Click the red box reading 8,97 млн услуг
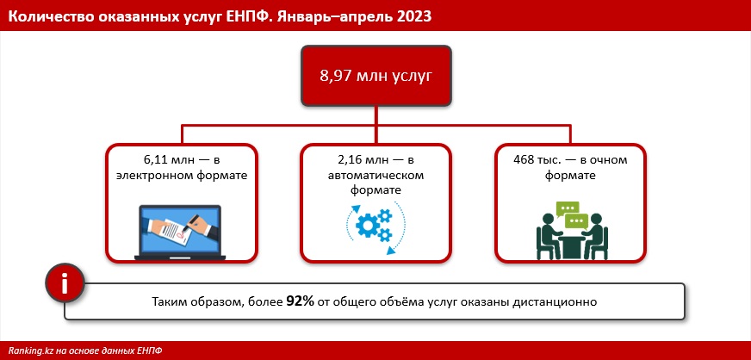(x=376, y=76)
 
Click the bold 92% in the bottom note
(x=301, y=301)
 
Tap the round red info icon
(x=65, y=283)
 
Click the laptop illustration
(x=180, y=233)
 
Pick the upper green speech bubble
(x=568, y=208)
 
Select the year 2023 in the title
(x=415, y=16)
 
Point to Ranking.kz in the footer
(x=29, y=351)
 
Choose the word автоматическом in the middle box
(x=376, y=175)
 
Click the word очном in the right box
(x=610, y=160)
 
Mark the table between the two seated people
(x=572, y=246)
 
